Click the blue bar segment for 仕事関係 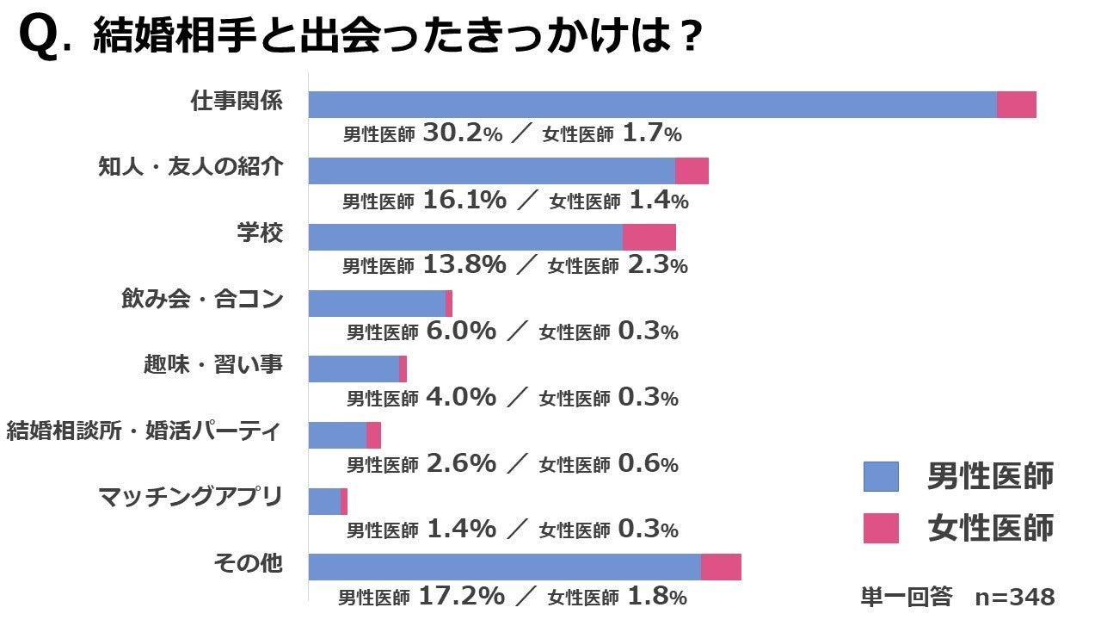[652, 104]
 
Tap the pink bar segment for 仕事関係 [1017, 104]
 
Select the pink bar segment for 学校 [649, 237]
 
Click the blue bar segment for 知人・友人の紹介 [491, 170]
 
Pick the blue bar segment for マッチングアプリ [324, 501]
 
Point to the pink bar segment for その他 [721, 567]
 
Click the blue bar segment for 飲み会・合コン [377, 303]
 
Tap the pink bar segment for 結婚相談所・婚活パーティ [373, 435]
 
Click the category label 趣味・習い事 [212, 364]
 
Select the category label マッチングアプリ [190, 497]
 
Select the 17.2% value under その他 [461, 596]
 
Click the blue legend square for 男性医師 [881, 476]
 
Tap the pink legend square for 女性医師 [881, 528]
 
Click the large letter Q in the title [39, 40]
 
